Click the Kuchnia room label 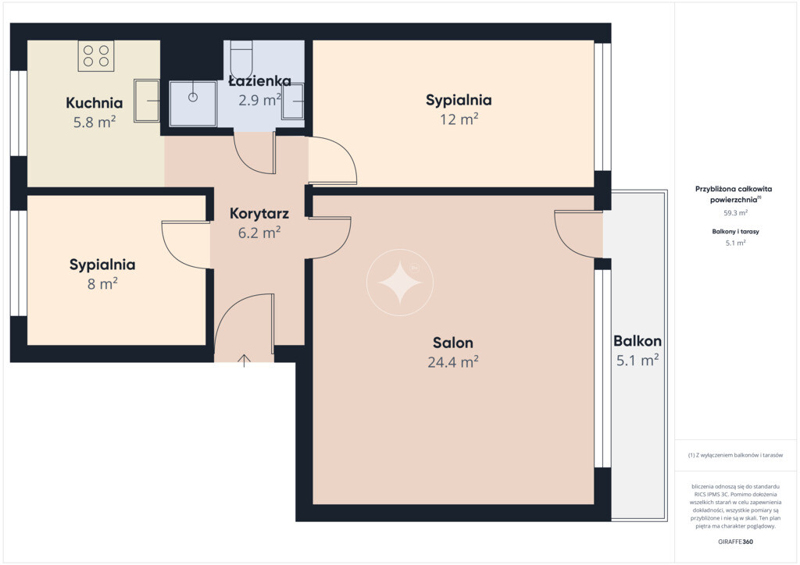95,103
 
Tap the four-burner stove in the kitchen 96,55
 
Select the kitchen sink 147,101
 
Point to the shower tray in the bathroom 193,104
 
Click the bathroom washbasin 293,101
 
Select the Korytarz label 259,214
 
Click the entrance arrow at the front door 244,361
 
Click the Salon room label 453,343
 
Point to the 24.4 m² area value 453,362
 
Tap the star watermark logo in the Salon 400,282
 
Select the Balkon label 637,341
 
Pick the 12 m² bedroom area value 459,119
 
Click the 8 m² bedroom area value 102,283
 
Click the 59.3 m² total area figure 736,213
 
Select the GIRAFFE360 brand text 735,542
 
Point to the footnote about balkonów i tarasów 735,455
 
